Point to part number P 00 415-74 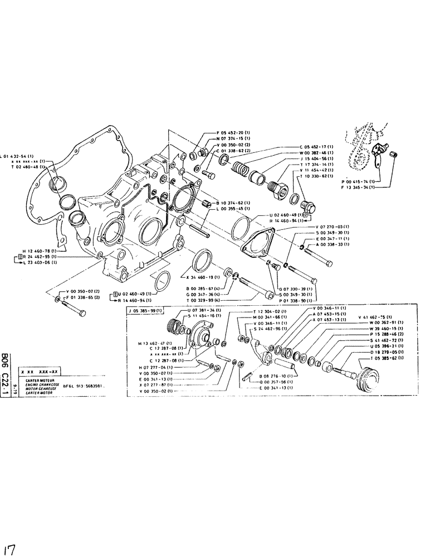pos(354,181)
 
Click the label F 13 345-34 pos(354,188)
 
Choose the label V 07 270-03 pos(327,227)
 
